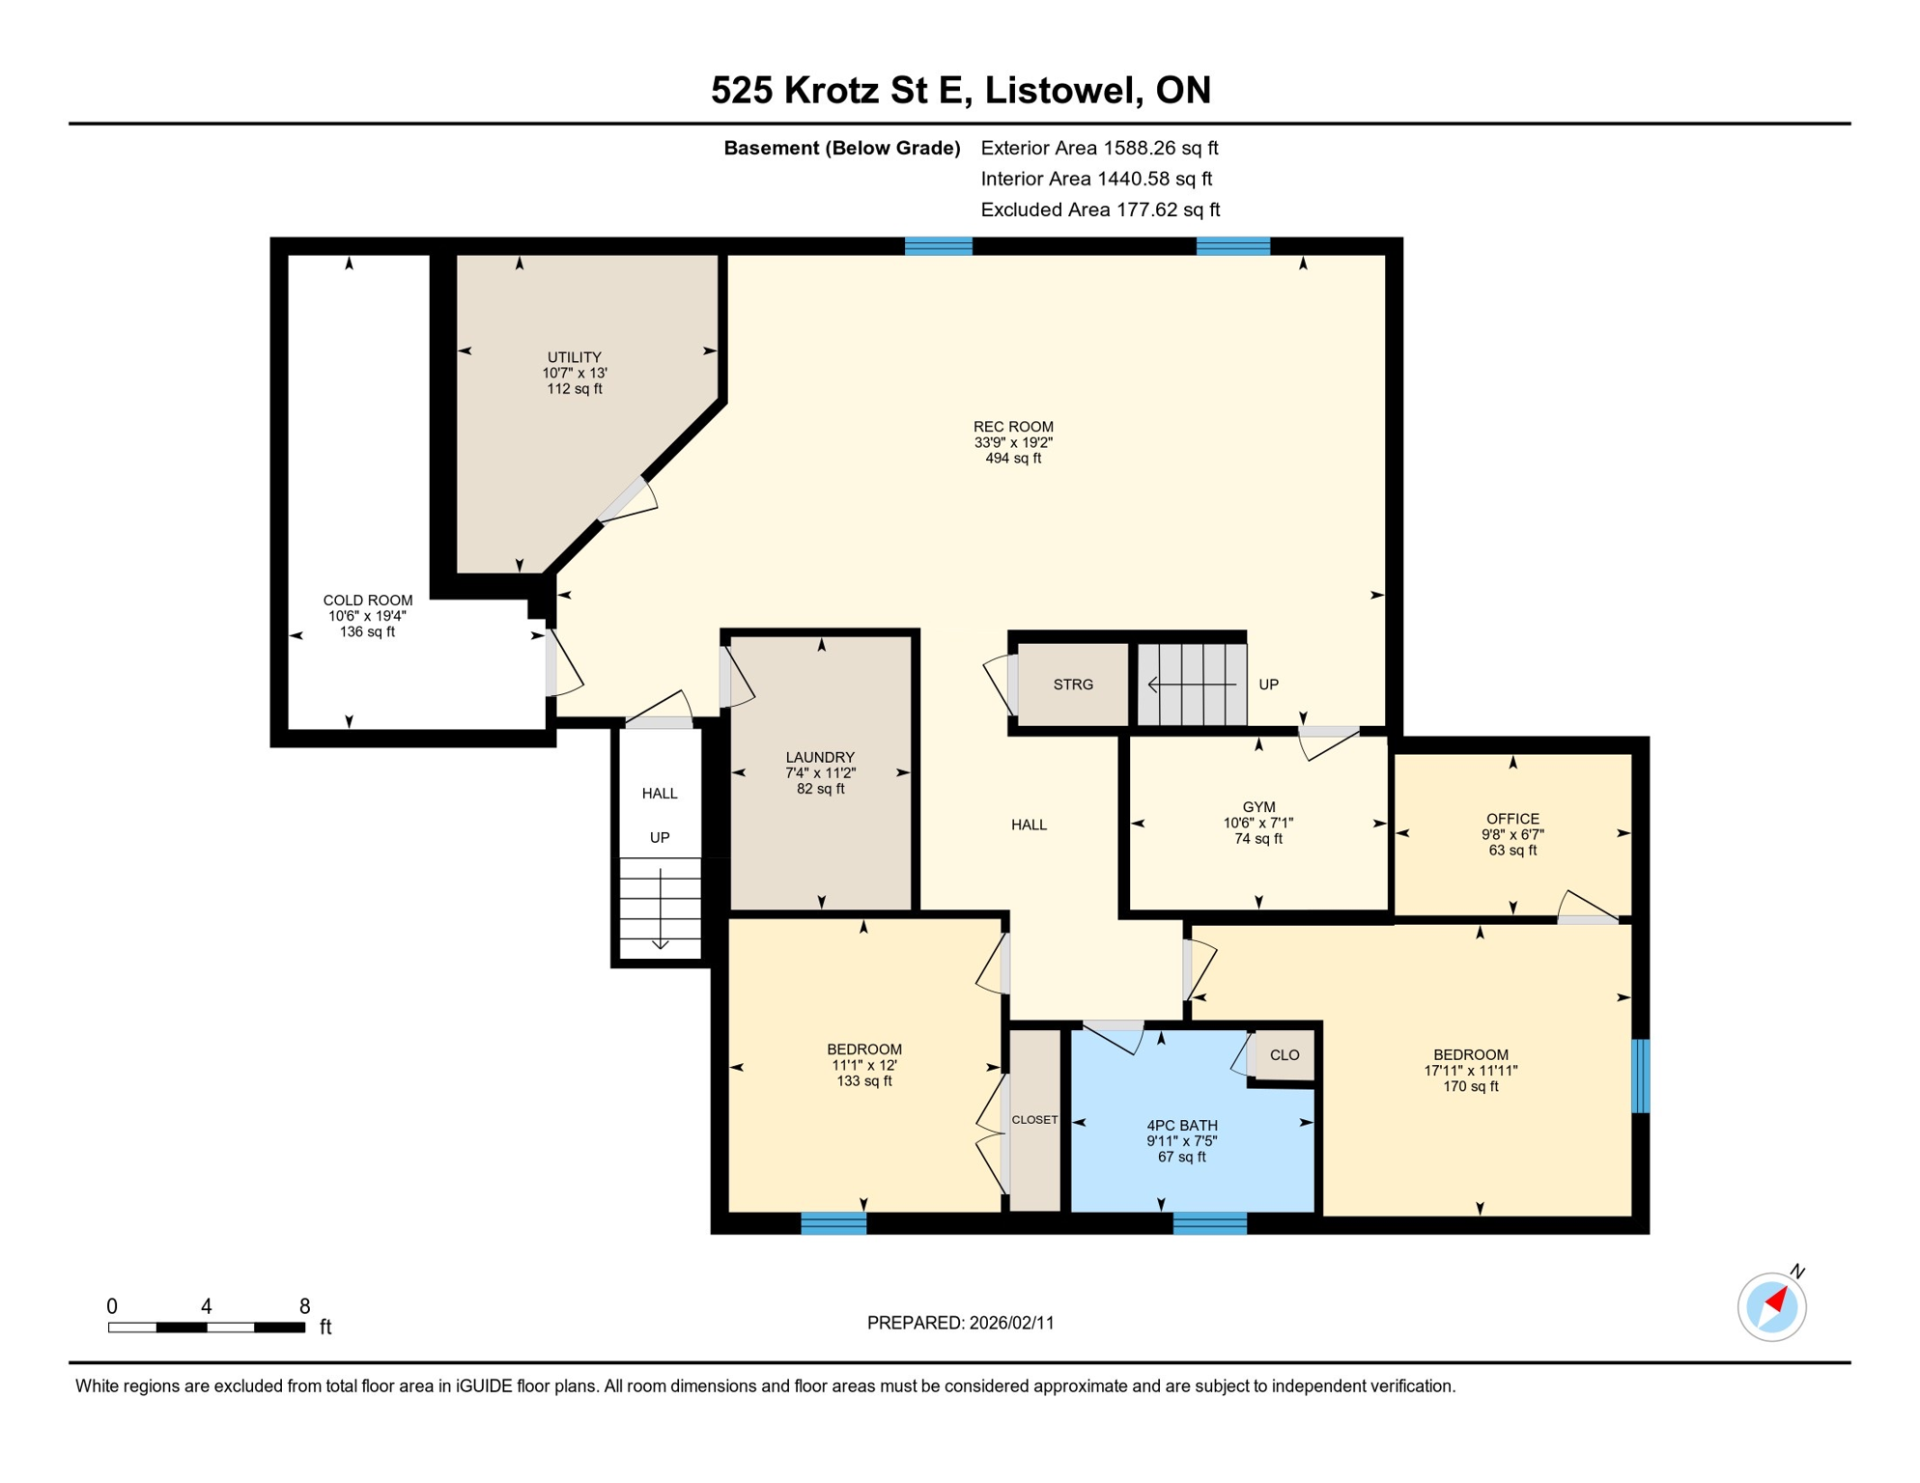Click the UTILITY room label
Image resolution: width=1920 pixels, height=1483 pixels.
pos(574,357)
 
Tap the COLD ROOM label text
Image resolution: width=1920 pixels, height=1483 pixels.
pos(367,601)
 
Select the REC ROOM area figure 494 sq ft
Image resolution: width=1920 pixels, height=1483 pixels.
pos(1013,459)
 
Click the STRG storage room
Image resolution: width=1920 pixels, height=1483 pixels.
pos(1072,685)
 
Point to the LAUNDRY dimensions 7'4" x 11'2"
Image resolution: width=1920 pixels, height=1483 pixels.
pos(820,773)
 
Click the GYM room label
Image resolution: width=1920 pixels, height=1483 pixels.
pos(1258,807)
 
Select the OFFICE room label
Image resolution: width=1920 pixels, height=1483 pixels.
pos(1512,819)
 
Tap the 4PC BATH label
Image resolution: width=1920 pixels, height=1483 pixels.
pos(1181,1126)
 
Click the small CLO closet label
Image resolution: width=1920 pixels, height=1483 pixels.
pos(1284,1055)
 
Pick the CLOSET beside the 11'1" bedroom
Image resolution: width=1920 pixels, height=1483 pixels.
pos(1034,1120)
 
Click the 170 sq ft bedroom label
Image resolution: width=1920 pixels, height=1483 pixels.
pos(1470,1055)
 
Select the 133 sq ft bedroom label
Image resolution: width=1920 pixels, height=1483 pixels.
pos(863,1049)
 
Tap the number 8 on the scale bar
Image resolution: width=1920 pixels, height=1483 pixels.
pos(304,1306)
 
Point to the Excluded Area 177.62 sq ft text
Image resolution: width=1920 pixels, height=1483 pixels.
pos(1099,210)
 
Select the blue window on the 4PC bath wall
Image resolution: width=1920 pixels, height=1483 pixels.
pos(1209,1223)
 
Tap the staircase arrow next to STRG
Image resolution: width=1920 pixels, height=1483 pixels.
pos(1190,685)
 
